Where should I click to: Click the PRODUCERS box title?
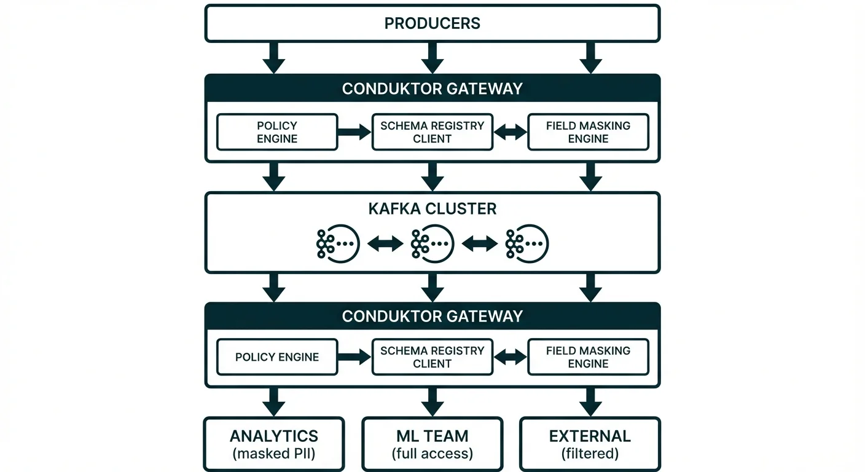pos(432,23)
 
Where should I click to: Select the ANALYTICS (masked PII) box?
pos(274,444)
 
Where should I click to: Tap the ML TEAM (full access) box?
pos(432,444)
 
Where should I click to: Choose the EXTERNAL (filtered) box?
pos(590,444)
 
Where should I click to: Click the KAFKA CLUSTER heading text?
pos(432,209)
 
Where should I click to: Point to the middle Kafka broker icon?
pos(432,244)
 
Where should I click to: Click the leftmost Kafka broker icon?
pos(337,244)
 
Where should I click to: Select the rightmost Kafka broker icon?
pos(526,244)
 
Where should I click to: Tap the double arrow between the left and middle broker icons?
pos(385,244)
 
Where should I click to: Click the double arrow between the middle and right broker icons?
pos(479,244)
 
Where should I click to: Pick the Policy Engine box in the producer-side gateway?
pos(277,132)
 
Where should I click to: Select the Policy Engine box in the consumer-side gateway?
pos(277,357)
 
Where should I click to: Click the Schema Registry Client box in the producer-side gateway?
pos(432,132)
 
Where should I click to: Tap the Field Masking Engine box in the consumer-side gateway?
pos(588,357)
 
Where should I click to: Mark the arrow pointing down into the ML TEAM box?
pos(432,403)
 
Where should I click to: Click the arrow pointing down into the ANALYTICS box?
pos(274,403)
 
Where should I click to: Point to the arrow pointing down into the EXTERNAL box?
pos(590,403)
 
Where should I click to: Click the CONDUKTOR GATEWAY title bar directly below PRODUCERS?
pos(432,88)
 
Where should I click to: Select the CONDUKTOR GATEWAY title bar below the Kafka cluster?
pos(432,316)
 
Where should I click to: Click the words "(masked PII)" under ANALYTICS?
pos(274,454)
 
